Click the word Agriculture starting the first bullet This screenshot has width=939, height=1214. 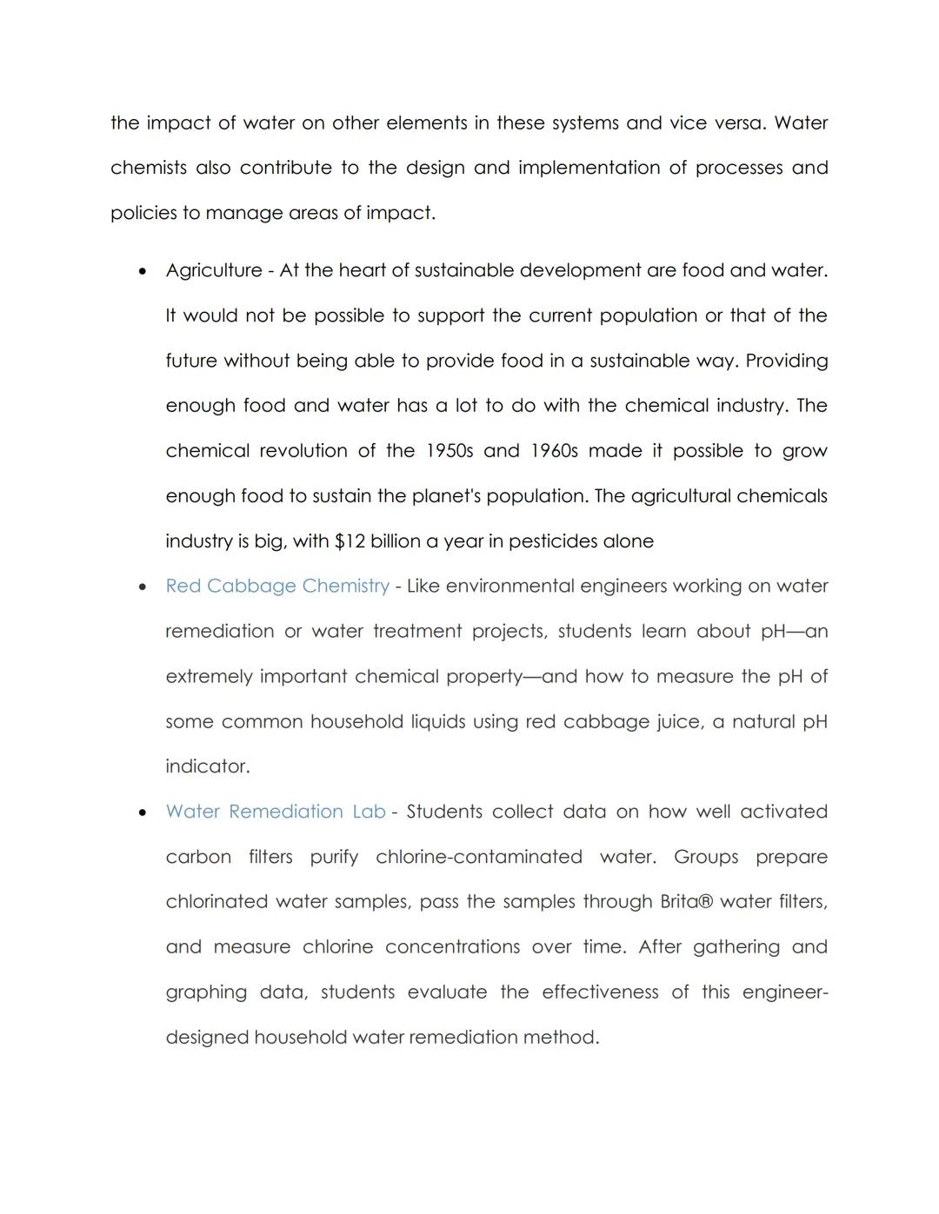[213, 270]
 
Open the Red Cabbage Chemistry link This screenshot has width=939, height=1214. [277, 586]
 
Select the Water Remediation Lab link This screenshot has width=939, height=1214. [275, 812]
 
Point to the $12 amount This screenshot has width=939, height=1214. [350, 541]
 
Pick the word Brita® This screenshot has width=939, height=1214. [686, 902]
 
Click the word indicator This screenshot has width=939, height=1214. [207, 766]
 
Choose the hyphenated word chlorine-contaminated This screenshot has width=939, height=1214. [478, 857]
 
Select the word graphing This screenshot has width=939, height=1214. [206, 992]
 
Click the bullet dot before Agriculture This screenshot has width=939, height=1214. [143, 271]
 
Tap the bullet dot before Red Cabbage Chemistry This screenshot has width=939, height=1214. [143, 587]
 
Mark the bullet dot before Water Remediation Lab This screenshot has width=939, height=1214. [143, 813]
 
